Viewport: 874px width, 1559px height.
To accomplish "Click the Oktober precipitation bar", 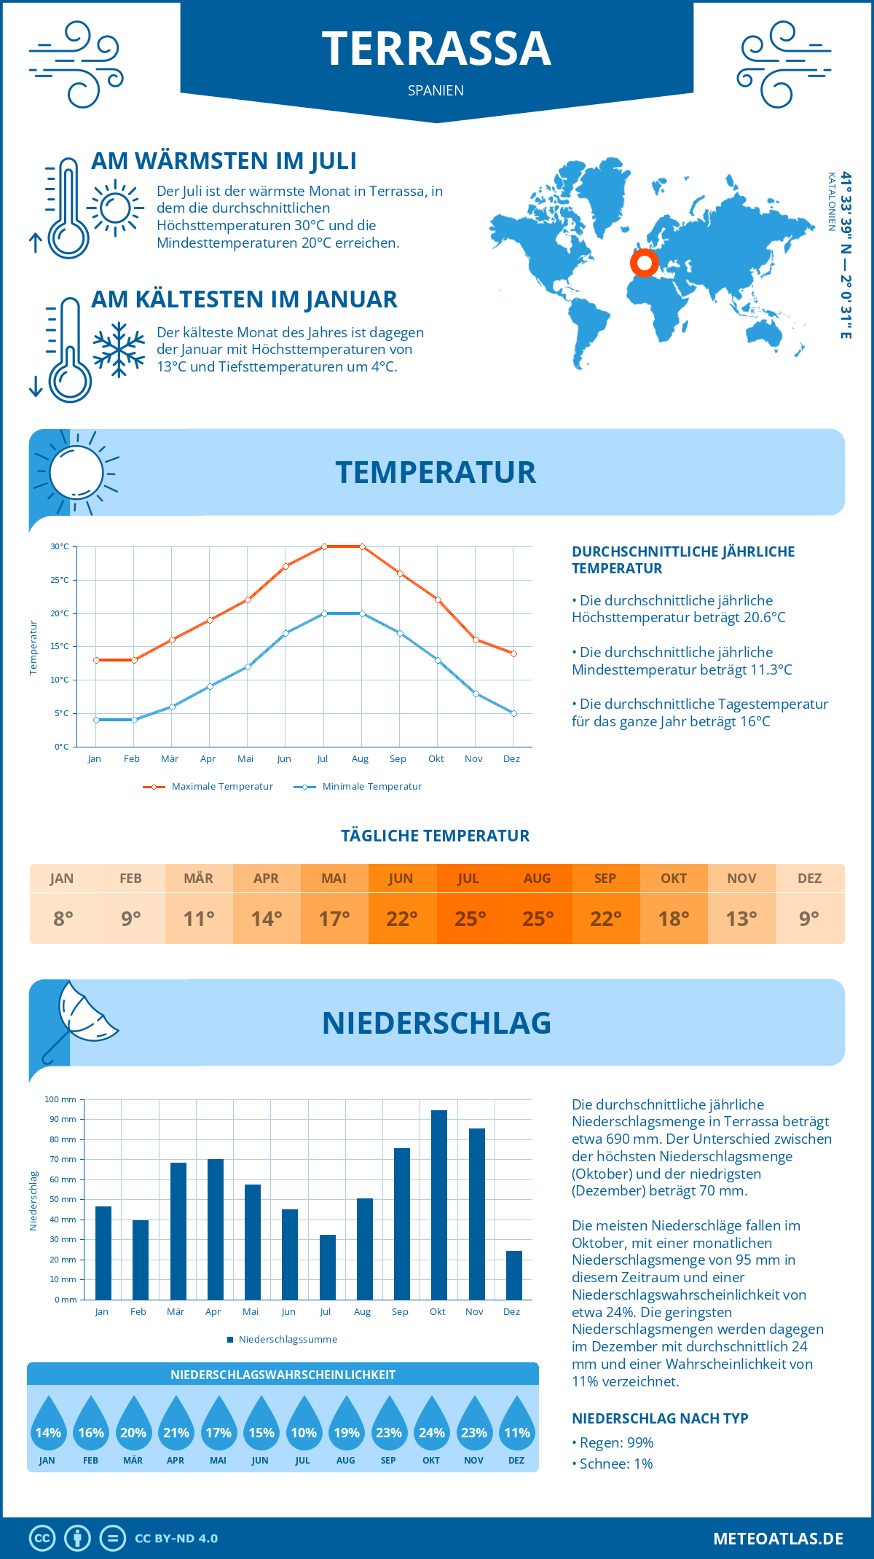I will coord(438,1205).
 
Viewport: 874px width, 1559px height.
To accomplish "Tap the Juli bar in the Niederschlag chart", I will coord(328,1267).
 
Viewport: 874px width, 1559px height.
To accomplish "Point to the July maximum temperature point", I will coord(324,546).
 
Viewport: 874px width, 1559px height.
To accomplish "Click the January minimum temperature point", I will coord(96,720).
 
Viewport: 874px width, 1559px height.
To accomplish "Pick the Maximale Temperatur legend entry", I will coord(208,787).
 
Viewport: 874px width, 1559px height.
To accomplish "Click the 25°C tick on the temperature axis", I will coord(60,580).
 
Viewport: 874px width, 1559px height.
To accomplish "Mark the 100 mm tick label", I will coord(60,1099).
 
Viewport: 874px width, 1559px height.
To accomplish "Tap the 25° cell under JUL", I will coord(470,919).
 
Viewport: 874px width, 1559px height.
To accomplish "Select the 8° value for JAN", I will coord(63,919).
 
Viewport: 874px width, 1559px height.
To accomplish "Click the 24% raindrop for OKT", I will coord(431,1429).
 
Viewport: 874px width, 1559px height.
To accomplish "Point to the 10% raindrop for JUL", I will coord(304,1429).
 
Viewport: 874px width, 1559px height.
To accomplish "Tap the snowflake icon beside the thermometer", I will coord(119,350).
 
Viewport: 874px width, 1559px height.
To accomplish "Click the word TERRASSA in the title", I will coord(436,49).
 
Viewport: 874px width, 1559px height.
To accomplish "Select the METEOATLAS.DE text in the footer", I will coord(778,1539).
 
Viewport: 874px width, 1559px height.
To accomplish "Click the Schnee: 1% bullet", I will coord(613,1464).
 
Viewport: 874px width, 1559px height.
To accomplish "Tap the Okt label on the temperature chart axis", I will coord(436,758).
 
